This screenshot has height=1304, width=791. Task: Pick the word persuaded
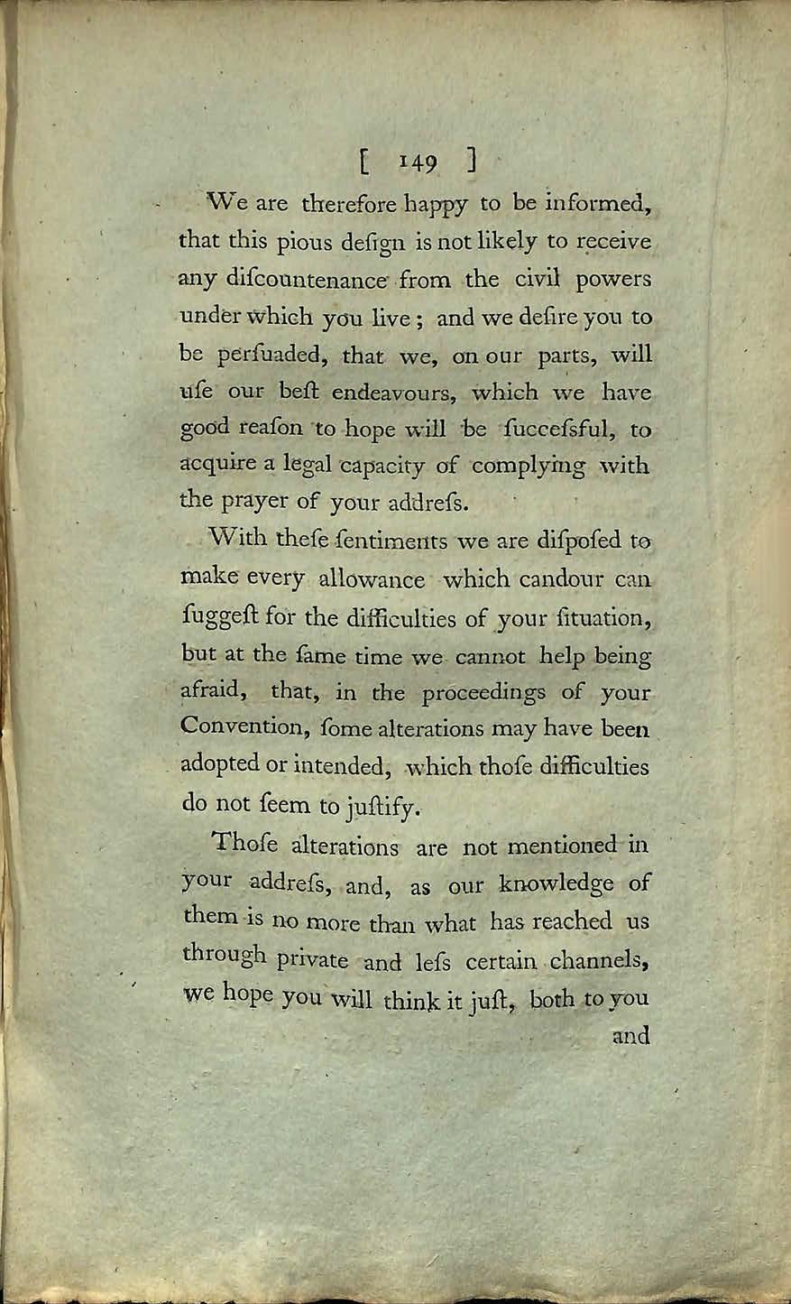pos(268,356)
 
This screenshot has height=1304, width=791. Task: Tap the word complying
pos(528,468)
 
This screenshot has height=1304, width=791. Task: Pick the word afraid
pos(216,692)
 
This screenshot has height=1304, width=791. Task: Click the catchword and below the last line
pos(631,1035)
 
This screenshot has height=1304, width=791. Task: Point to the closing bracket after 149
pos(472,162)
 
